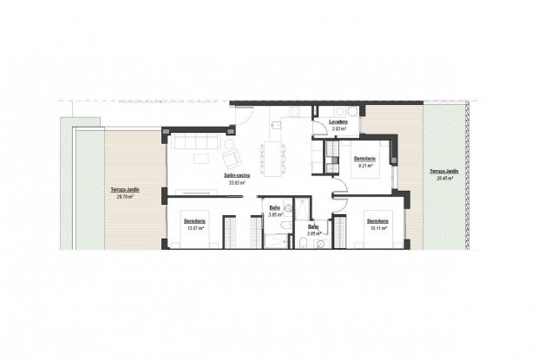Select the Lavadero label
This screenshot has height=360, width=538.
pyautogui.click(x=338, y=123)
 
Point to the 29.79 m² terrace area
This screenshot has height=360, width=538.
pyautogui.click(x=127, y=197)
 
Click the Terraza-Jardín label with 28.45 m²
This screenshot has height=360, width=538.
pyautogui.click(x=443, y=171)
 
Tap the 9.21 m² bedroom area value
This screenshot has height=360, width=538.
pyautogui.click(x=364, y=166)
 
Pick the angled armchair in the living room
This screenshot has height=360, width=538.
pyautogui.click(x=233, y=158)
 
